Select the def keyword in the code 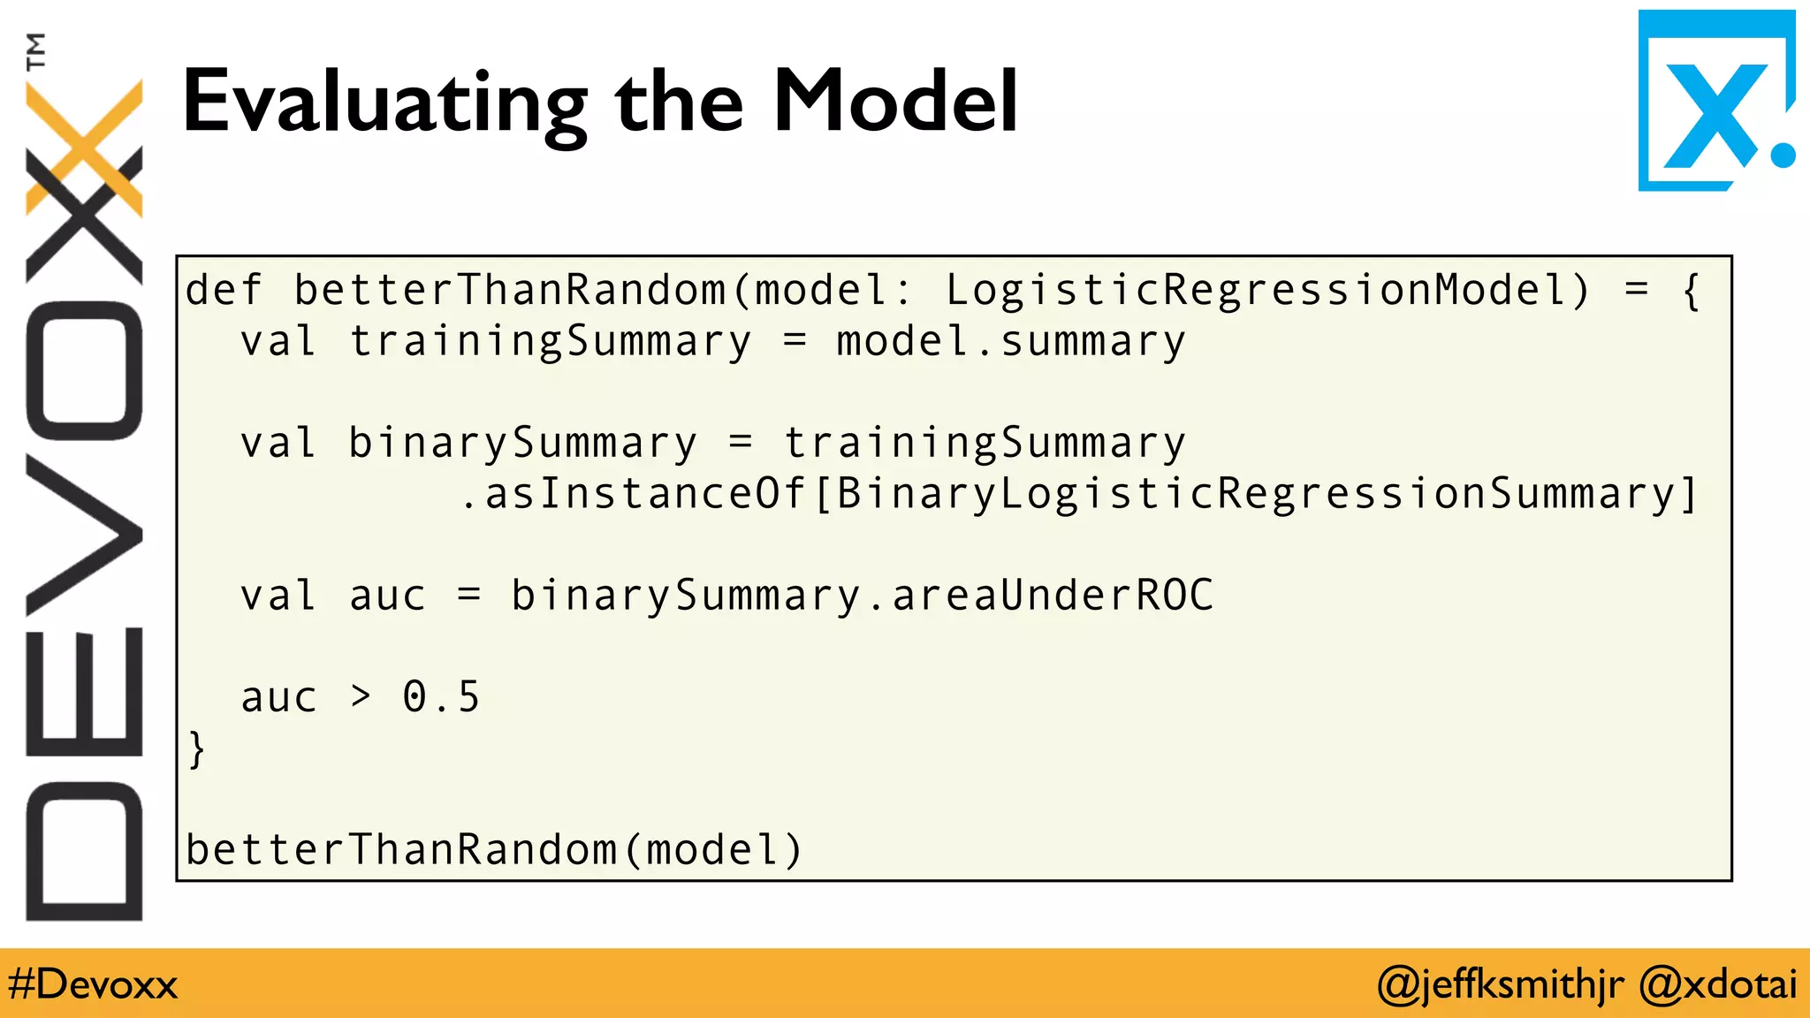click(224, 291)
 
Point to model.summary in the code click(1010, 342)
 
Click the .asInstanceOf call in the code click(633, 494)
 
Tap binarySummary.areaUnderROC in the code click(862, 596)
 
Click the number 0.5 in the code click(441, 697)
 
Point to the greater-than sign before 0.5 click(360, 697)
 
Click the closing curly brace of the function click(197, 749)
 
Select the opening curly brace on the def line click(1691, 291)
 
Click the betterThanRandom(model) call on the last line click(494, 850)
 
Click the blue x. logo click(1715, 102)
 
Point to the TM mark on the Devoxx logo click(36, 51)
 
